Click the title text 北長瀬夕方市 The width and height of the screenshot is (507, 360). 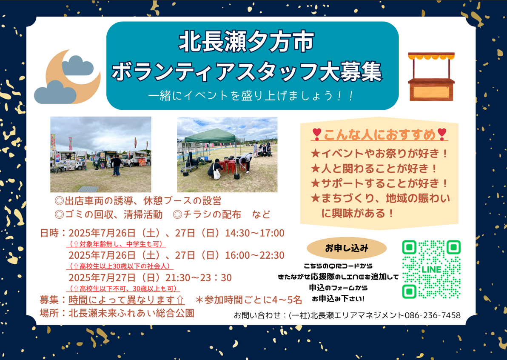point(246,42)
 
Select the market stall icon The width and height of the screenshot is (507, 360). point(431,76)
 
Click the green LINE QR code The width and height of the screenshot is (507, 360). point(431,269)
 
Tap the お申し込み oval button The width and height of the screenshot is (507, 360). point(347,249)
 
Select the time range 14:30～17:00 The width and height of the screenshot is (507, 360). point(254,233)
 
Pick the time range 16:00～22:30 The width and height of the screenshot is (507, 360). point(254,255)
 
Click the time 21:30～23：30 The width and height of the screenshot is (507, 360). point(199,277)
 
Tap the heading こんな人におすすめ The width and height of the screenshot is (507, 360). point(379,134)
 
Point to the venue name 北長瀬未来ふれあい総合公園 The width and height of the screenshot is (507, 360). point(131,313)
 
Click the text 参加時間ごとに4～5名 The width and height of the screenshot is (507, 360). point(253,300)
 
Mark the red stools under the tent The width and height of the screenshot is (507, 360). point(231,165)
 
